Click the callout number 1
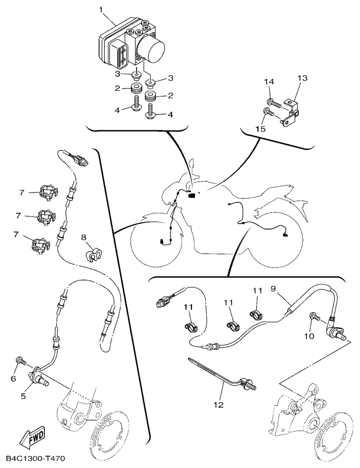[101, 10]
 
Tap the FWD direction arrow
[32, 439]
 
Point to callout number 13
[302, 78]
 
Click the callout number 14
[269, 82]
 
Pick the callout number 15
[260, 129]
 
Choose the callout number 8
[84, 238]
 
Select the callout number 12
[219, 405]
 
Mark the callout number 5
[23, 396]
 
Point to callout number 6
[14, 378]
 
